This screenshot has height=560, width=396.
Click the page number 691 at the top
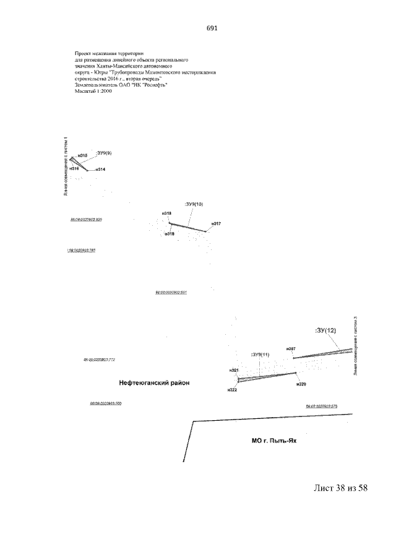tap(210, 28)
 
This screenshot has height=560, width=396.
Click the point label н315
tap(82, 155)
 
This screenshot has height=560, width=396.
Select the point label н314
tap(100, 169)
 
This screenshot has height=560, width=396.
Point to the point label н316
tap(74, 168)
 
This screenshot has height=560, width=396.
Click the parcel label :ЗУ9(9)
tap(103, 152)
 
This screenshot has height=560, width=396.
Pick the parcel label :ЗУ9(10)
tap(193, 204)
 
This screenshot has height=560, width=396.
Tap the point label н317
tap(216, 223)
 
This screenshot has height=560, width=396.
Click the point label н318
tap(166, 213)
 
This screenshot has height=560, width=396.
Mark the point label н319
tap(170, 233)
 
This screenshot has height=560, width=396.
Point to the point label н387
tap(291, 350)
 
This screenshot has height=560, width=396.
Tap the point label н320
tap(301, 384)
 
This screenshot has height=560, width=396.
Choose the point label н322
tap(232, 390)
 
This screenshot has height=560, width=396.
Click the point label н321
tap(234, 370)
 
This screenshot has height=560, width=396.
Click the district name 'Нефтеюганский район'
tap(154, 383)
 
